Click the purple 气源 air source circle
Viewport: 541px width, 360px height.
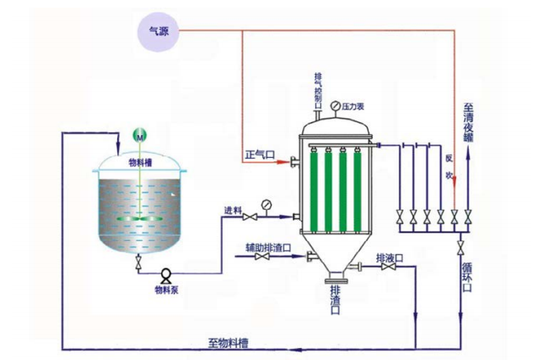[159, 33]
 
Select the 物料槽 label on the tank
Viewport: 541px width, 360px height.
[140, 161]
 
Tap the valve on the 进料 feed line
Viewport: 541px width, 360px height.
[249, 218]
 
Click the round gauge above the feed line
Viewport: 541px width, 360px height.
[267, 204]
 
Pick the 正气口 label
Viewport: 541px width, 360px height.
[256, 155]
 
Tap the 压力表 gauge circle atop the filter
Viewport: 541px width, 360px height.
[335, 106]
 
